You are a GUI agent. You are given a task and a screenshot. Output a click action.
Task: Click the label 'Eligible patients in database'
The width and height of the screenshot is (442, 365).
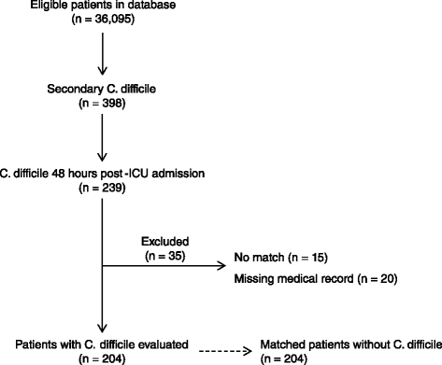coord(103,5)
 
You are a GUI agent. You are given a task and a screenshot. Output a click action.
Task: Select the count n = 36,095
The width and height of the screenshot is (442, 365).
coord(103,20)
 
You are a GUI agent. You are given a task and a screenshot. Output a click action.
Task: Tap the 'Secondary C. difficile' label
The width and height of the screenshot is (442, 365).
coord(102,89)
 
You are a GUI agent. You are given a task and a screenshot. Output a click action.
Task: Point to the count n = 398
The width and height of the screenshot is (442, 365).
coord(102,104)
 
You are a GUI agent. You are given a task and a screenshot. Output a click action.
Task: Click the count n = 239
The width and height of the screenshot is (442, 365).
coord(102,188)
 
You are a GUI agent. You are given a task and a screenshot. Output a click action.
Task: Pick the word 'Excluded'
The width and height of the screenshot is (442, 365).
coord(165,242)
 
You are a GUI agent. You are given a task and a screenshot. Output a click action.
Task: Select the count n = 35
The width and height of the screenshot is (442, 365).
coord(165,256)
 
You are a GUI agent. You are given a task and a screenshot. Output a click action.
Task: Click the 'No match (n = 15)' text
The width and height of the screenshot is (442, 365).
coord(281,258)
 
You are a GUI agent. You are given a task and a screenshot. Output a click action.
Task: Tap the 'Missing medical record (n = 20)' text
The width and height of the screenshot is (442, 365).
coord(316,278)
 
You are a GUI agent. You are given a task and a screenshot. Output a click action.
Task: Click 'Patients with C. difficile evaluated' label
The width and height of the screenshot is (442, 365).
coord(102,344)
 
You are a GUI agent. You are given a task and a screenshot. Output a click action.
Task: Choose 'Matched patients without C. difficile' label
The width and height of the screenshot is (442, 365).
coord(351,344)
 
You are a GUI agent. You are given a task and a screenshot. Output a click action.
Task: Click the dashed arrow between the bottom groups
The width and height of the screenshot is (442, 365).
coord(225,351)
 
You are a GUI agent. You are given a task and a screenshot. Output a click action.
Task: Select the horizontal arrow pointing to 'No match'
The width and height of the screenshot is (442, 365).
coord(164,266)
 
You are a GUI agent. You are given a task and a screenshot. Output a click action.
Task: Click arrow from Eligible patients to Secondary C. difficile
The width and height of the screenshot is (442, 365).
coord(102,54)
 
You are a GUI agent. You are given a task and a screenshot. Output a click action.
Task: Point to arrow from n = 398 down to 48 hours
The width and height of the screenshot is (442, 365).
coord(102,137)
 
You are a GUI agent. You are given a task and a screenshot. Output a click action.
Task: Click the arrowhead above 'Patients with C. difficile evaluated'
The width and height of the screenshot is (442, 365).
coord(102,328)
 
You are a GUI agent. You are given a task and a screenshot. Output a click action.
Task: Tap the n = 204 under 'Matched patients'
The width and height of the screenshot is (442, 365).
coord(284,359)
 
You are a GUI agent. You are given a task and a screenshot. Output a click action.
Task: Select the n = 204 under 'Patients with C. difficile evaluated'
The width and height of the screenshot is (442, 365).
coord(102,359)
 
